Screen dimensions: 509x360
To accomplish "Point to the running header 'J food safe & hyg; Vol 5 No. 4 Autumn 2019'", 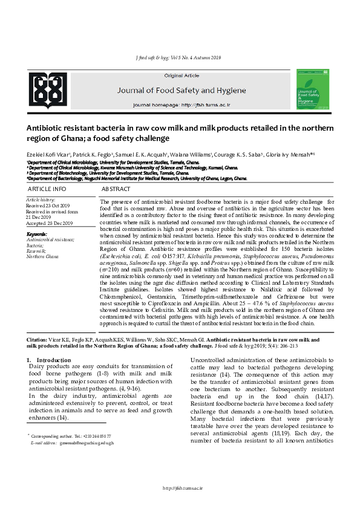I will pos(180,57).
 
